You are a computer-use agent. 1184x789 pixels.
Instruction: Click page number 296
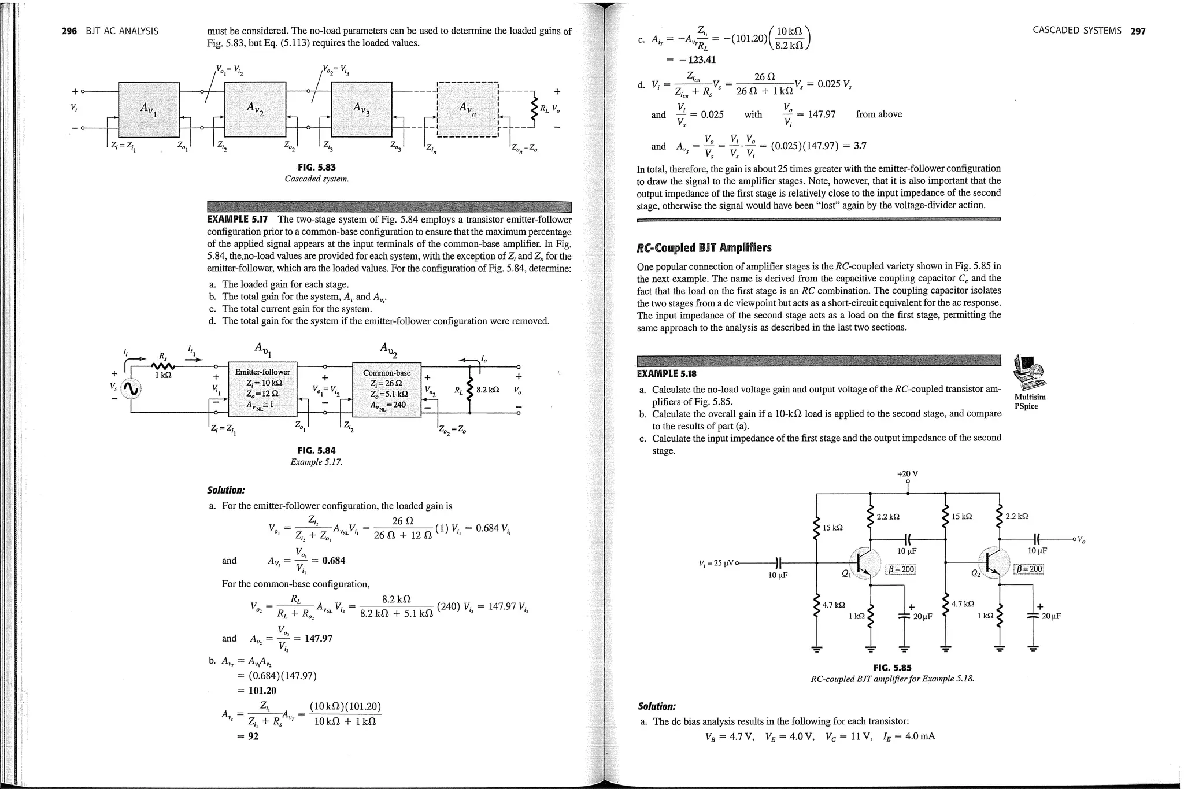click(69, 31)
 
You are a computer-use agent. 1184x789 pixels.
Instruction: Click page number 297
click(1138, 31)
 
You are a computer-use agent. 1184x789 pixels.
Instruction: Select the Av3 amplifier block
click(361, 108)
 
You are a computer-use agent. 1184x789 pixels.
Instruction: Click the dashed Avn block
click(468, 108)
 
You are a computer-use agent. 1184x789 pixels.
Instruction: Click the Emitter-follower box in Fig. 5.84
click(262, 388)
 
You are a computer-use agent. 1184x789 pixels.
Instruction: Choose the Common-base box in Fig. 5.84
click(387, 388)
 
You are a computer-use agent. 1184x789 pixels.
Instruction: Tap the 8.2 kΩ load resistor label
click(487, 390)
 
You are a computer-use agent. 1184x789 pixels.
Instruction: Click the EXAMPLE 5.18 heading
click(667, 374)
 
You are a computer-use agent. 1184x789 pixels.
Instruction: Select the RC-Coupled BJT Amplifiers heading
click(704, 248)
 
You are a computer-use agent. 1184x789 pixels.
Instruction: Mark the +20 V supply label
click(907, 474)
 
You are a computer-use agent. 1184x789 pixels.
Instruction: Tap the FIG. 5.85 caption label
click(892, 668)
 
